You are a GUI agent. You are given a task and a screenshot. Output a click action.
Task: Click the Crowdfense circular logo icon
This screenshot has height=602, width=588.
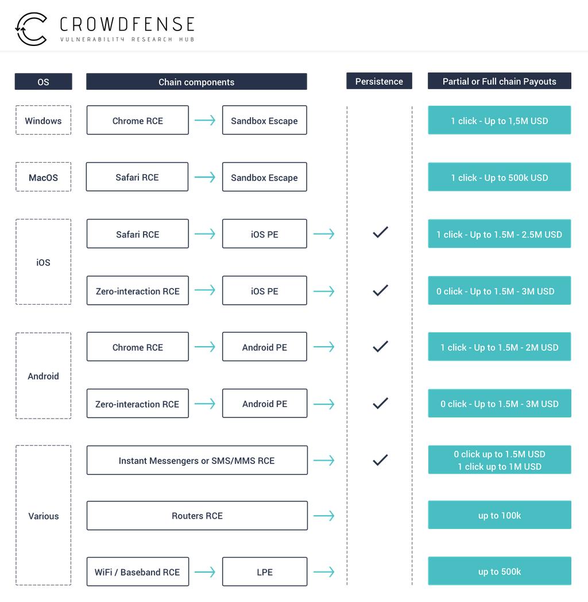(31, 29)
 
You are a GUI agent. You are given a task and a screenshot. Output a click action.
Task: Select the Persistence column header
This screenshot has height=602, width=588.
(379, 81)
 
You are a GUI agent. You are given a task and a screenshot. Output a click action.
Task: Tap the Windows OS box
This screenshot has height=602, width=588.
(43, 120)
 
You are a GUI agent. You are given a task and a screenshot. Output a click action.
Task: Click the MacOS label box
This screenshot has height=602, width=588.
(43, 177)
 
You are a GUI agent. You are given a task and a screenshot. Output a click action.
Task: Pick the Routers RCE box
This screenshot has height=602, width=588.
(197, 516)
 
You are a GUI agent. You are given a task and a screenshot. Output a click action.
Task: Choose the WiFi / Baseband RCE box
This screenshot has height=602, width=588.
(137, 572)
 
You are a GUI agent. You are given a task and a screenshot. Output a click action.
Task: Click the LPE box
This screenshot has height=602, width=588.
(265, 572)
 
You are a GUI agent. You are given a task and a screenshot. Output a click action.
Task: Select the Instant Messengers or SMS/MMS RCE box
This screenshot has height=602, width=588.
(197, 461)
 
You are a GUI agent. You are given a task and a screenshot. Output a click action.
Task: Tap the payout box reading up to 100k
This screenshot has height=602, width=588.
(500, 515)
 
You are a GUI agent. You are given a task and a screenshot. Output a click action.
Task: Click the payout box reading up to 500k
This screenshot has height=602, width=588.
(500, 572)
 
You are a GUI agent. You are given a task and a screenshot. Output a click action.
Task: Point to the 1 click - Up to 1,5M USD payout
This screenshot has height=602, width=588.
(500, 121)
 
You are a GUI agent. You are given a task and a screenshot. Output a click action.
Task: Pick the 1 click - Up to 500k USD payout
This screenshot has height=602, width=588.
(500, 178)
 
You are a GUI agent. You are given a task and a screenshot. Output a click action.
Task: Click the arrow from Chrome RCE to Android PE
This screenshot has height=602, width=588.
(205, 347)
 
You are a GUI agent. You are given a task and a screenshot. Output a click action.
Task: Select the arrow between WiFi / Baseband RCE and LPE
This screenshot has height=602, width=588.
(205, 572)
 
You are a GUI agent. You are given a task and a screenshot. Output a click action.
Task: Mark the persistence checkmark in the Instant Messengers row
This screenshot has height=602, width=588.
(380, 460)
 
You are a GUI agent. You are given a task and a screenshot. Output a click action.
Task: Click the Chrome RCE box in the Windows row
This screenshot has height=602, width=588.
(137, 121)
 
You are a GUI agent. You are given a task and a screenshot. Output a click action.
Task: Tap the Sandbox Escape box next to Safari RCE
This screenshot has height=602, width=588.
(264, 177)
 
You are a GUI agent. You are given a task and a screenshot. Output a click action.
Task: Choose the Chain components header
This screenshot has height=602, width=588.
(196, 82)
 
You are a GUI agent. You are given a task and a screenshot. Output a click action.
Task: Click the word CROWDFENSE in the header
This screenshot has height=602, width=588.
(127, 24)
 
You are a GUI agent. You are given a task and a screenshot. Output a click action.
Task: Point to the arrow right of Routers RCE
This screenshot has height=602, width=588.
(324, 516)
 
